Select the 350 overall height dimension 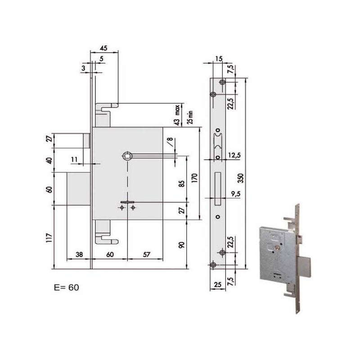(241, 177)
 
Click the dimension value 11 (74, 159)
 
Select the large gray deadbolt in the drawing (80, 189)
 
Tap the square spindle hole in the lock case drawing (126, 156)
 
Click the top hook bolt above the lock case (107, 108)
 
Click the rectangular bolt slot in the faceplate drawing (218, 186)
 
